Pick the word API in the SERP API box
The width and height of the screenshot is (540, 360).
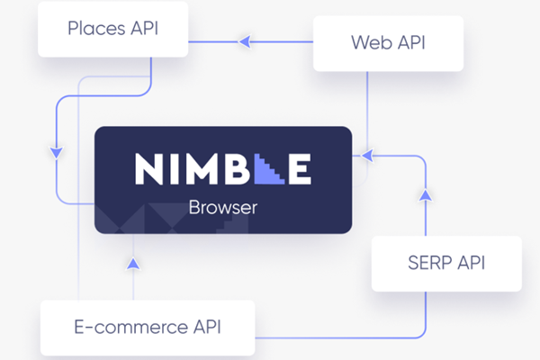[x=472, y=263]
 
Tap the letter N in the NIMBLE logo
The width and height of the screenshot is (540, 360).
[x=150, y=169]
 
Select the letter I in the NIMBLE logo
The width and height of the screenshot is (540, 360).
[x=178, y=169]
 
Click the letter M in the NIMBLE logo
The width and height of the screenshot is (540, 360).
[x=207, y=169]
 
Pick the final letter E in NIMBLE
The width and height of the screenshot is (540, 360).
[x=300, y=169]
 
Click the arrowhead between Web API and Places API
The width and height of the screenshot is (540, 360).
[x=244, y=40]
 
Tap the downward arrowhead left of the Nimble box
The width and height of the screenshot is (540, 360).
[x=57, y=153]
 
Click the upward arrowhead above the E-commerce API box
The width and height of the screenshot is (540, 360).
[x=133, y=265]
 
